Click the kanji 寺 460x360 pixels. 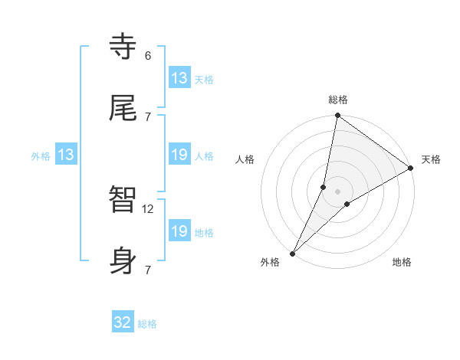(x=123, y=47)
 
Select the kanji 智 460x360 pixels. (x=123, y=200)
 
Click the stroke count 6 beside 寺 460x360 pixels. (x=147, y=56)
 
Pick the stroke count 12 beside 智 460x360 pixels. (x=149, y=208)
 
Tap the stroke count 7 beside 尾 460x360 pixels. (x=147, y=116)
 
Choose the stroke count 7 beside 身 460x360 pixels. (x=147, y=270)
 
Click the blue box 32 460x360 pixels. (x=123, y=322)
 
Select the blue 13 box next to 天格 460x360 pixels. (x=179, y=78)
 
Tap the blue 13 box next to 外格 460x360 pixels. (x=66, y=155)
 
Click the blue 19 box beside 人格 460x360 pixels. (x=179, y=155)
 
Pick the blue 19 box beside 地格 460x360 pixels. (x=179, y=231)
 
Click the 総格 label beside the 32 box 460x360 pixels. (x=147, y=324)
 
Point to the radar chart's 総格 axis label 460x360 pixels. (x=338, y=100)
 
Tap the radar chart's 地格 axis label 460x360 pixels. (x=402, y=262)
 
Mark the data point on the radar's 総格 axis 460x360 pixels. (x=337, y=116)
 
